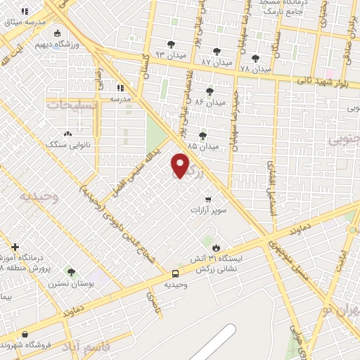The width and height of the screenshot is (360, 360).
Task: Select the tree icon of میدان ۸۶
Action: pyautogui.click(x=209, y=91)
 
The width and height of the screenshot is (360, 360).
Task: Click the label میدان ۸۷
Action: pyautogui.click(x=216, y=61)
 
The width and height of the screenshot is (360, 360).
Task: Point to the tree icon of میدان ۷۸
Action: pyautogui.click(x=255, y=58)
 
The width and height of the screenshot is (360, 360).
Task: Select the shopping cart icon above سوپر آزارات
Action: pyautogui.click(x=207, y=199)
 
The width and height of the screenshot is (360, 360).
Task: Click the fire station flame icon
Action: pyautogui.click(x=217, y=247)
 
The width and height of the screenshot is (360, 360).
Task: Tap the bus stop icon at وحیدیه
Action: pyautogui.click(x=175, y=274)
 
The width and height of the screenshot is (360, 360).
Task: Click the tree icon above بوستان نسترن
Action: pyautogui.click(x=70, y=271)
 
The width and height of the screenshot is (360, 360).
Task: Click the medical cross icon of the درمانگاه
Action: pyautogui.click(x=15, y=247)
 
